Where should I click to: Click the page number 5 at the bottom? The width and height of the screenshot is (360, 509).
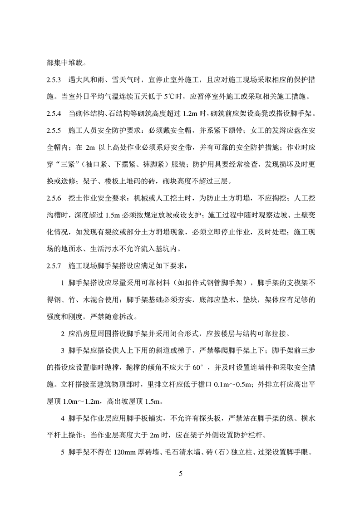pos(180,474)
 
